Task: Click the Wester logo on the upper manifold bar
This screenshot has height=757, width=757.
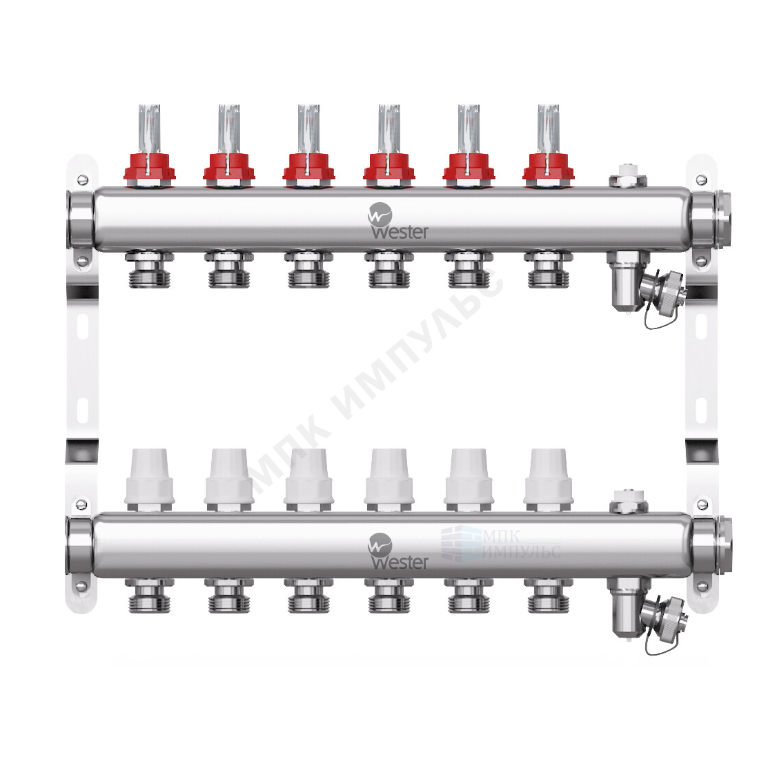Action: pos(397,221)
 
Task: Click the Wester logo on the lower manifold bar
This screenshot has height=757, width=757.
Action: pos(397,552)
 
